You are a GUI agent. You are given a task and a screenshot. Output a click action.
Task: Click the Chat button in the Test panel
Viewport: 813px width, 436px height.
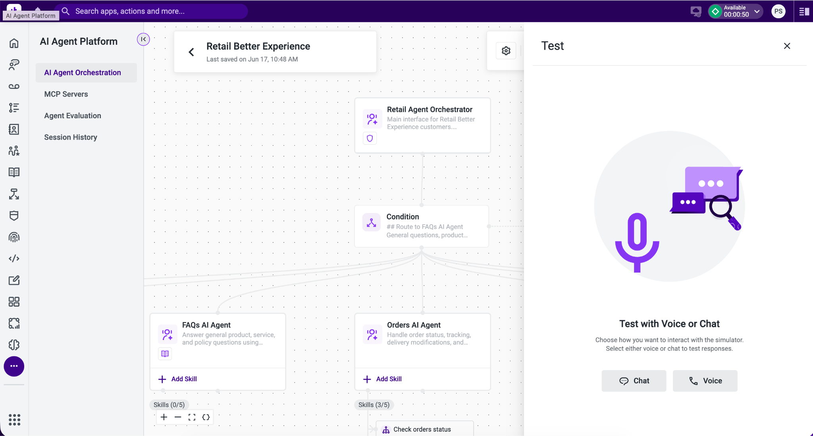(634, 381)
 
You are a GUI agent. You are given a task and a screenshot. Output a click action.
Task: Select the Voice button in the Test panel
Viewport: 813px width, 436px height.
(705, 381)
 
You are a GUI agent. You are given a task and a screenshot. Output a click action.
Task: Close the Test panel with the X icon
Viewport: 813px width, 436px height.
(787, 46)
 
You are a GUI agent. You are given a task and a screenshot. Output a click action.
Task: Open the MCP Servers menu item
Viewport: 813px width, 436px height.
(66, 94)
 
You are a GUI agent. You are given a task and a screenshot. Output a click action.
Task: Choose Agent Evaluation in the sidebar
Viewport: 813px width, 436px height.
(73, 115)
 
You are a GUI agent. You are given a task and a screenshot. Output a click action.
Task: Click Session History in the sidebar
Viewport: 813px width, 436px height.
(71, 137)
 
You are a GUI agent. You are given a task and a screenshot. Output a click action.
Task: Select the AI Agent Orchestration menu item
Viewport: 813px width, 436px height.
(83, 73)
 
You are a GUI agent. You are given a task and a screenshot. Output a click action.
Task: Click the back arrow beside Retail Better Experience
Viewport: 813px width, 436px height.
(191, 52)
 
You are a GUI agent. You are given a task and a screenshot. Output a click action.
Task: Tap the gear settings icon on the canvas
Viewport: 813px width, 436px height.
(506, 51)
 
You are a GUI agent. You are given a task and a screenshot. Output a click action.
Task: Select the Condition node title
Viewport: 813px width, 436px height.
(403, 217)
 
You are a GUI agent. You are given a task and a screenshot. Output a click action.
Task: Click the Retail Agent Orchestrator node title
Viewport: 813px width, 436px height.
(430, 109)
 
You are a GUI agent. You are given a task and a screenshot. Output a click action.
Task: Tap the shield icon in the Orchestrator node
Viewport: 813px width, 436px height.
(370, 138)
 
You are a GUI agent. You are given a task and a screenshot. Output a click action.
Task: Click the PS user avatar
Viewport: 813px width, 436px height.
(778, 11)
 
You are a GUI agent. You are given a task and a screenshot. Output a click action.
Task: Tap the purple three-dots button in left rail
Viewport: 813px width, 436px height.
(14, 366)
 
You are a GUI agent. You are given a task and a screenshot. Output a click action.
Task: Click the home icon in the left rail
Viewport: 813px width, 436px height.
(14, 43)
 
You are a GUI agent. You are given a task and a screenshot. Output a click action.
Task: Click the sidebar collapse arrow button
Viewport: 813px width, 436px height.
(143, 39)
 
